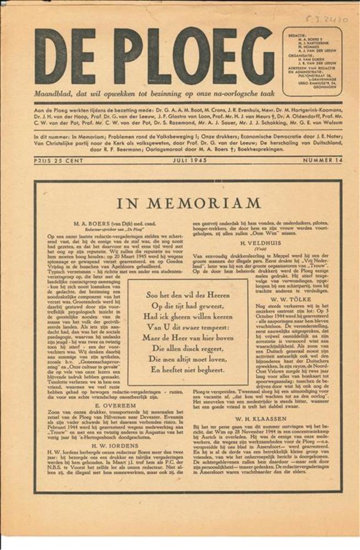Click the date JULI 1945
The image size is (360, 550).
[184, 160]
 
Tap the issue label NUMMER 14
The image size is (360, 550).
[319, 160]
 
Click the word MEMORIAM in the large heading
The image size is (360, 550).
[213, 204]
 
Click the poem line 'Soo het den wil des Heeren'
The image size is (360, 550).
[188, 294]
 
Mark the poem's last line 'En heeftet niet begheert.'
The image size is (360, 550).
[188, 370]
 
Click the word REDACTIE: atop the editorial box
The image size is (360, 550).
[298, 36]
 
